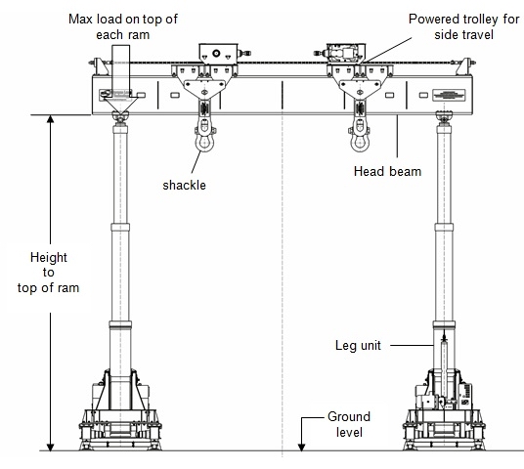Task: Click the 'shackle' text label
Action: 184,185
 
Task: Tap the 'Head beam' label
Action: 387,171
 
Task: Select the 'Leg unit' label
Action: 358,346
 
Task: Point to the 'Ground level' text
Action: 349,424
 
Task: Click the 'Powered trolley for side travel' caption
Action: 463,26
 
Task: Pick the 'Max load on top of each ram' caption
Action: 123,26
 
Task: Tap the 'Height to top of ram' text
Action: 49,273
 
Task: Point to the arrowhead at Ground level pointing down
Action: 301,447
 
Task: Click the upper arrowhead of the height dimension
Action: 51,119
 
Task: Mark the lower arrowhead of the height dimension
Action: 51,447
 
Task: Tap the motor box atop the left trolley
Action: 219,54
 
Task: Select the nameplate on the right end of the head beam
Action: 449,95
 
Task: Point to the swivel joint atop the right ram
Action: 444,118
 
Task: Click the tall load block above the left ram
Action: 120,72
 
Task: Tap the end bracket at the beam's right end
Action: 464,66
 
